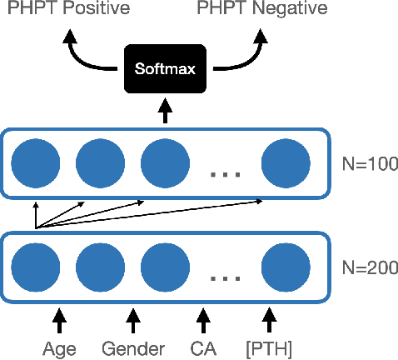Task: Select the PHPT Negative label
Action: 262,9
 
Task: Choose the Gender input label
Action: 132,347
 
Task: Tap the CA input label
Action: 202,347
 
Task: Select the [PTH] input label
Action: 269,347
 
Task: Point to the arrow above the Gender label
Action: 132,317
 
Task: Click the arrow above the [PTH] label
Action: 269,317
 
